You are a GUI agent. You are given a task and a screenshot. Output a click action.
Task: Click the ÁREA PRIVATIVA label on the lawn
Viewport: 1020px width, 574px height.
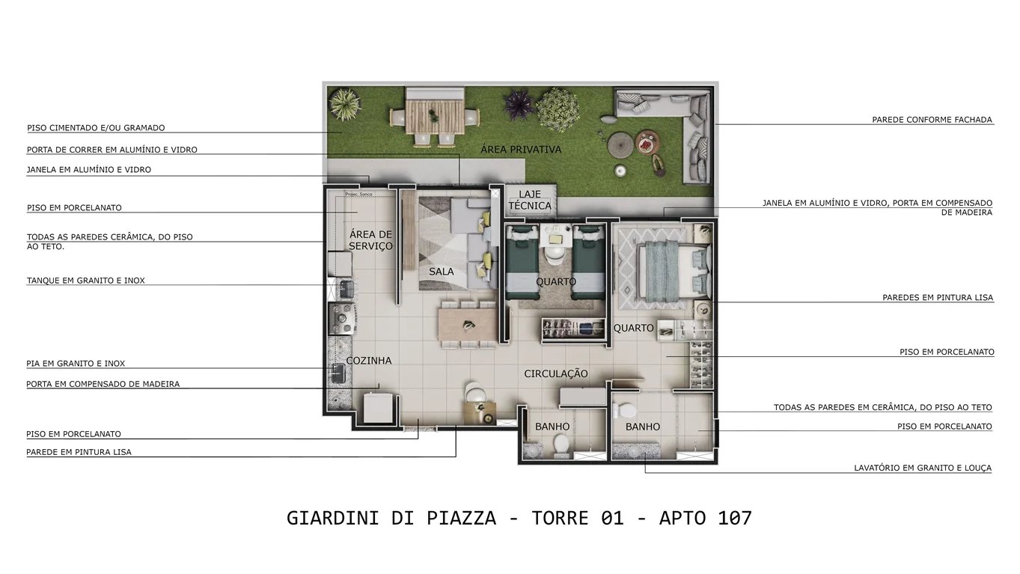point(520,149)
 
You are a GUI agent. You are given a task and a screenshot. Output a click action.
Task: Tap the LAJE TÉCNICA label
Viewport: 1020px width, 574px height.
point(530,200)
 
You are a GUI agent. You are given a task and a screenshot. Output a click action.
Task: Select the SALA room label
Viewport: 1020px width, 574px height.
point(442,272)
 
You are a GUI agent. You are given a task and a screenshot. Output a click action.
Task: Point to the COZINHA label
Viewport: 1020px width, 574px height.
point(369,361)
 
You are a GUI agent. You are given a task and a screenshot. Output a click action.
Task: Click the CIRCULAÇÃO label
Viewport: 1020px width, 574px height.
point(556,373)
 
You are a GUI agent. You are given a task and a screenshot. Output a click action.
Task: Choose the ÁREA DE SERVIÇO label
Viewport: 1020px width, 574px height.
point(370,240)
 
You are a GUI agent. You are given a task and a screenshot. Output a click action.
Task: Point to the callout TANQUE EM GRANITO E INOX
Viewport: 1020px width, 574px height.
point(86,281)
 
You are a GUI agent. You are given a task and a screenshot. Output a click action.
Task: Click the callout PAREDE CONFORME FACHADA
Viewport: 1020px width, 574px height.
point(932,120)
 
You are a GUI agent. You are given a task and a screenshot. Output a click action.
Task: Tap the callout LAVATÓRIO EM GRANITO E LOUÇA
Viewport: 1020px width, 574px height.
point(923,468)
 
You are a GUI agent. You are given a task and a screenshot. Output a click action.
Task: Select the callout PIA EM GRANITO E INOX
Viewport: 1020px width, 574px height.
point(76,364)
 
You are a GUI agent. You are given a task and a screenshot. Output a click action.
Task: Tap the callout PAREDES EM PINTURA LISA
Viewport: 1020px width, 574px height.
point(938,298)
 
